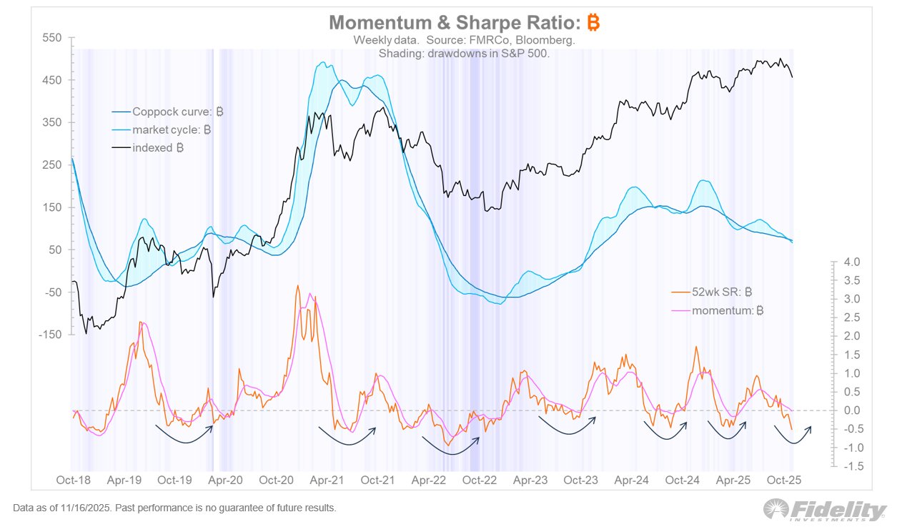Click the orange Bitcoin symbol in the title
(x=593, y=23)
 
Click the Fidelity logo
(x=825, y=510)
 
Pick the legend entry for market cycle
(x=172, y=130)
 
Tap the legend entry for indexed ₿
(x=158, y=148)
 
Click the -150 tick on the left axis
(x=49, y=335)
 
